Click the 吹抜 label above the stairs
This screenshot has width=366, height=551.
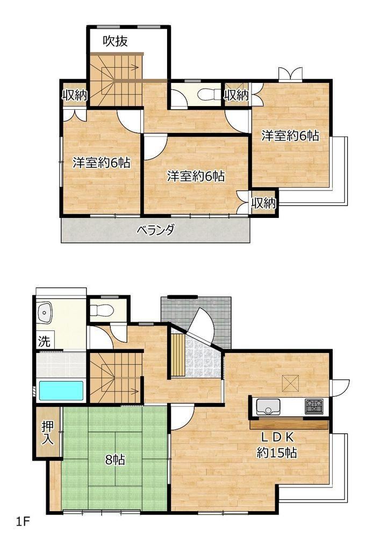(115, 41)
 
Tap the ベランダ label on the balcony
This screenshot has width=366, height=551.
(155, 230)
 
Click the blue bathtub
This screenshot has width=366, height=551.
(61, 391)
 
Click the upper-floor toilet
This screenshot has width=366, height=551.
(208, 94)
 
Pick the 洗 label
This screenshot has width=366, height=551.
(44, 341)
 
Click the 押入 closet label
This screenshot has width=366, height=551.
(48, 433)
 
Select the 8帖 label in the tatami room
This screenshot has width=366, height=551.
(115, 460)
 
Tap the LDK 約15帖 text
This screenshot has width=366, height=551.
(277, 444)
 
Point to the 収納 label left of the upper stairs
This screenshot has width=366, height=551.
(74, 95)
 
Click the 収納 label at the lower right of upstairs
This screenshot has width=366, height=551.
(263, 203)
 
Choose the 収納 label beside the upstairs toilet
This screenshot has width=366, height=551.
(236, 95)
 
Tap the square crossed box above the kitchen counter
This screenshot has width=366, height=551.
(291, 383)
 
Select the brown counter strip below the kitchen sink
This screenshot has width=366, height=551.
(289, 424)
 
